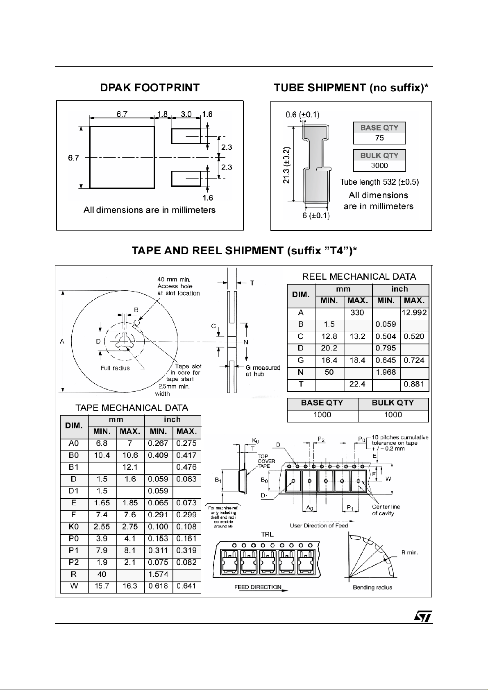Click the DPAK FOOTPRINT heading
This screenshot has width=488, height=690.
click(150, 88)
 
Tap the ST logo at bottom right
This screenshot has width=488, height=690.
click(422, 617)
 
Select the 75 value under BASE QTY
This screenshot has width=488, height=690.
click(379, 138)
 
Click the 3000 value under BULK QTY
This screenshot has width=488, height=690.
click(379, 165)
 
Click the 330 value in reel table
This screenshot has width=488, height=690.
click(357, 313)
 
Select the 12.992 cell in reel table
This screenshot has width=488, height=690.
click(414, 313)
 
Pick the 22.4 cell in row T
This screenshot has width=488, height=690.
click(357, 384)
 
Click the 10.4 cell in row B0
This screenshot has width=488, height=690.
click(102, 455)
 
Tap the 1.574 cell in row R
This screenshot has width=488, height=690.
click(158, 575)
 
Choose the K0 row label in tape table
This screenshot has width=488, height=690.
click(74, 527)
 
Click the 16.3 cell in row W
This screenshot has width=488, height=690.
click(130, 586)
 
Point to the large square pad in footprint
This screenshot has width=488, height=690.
click(122, 157)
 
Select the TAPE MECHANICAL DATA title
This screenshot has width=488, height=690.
click(132, 408)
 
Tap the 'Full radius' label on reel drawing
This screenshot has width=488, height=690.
click(115, 368)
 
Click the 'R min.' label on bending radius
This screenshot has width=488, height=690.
click(409, 552)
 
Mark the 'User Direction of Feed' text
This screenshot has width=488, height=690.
click(319, 525)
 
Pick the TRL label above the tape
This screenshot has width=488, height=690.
click(267, 534)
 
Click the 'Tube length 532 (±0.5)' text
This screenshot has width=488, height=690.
click(379, 182)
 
